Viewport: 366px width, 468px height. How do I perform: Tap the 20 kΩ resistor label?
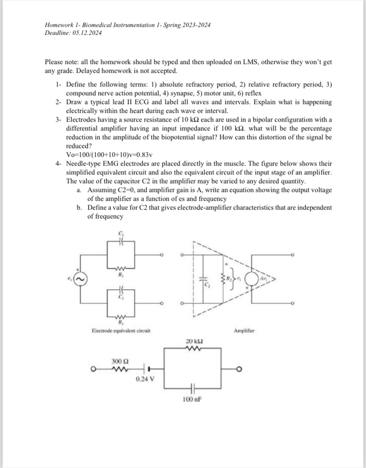[193, 340]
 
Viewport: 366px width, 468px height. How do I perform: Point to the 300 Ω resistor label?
[120, 361]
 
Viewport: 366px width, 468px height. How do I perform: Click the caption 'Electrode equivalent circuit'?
[120, 331]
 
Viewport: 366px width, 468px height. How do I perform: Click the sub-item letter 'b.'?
[79, 207]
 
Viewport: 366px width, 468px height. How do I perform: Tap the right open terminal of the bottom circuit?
[240, 368]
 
